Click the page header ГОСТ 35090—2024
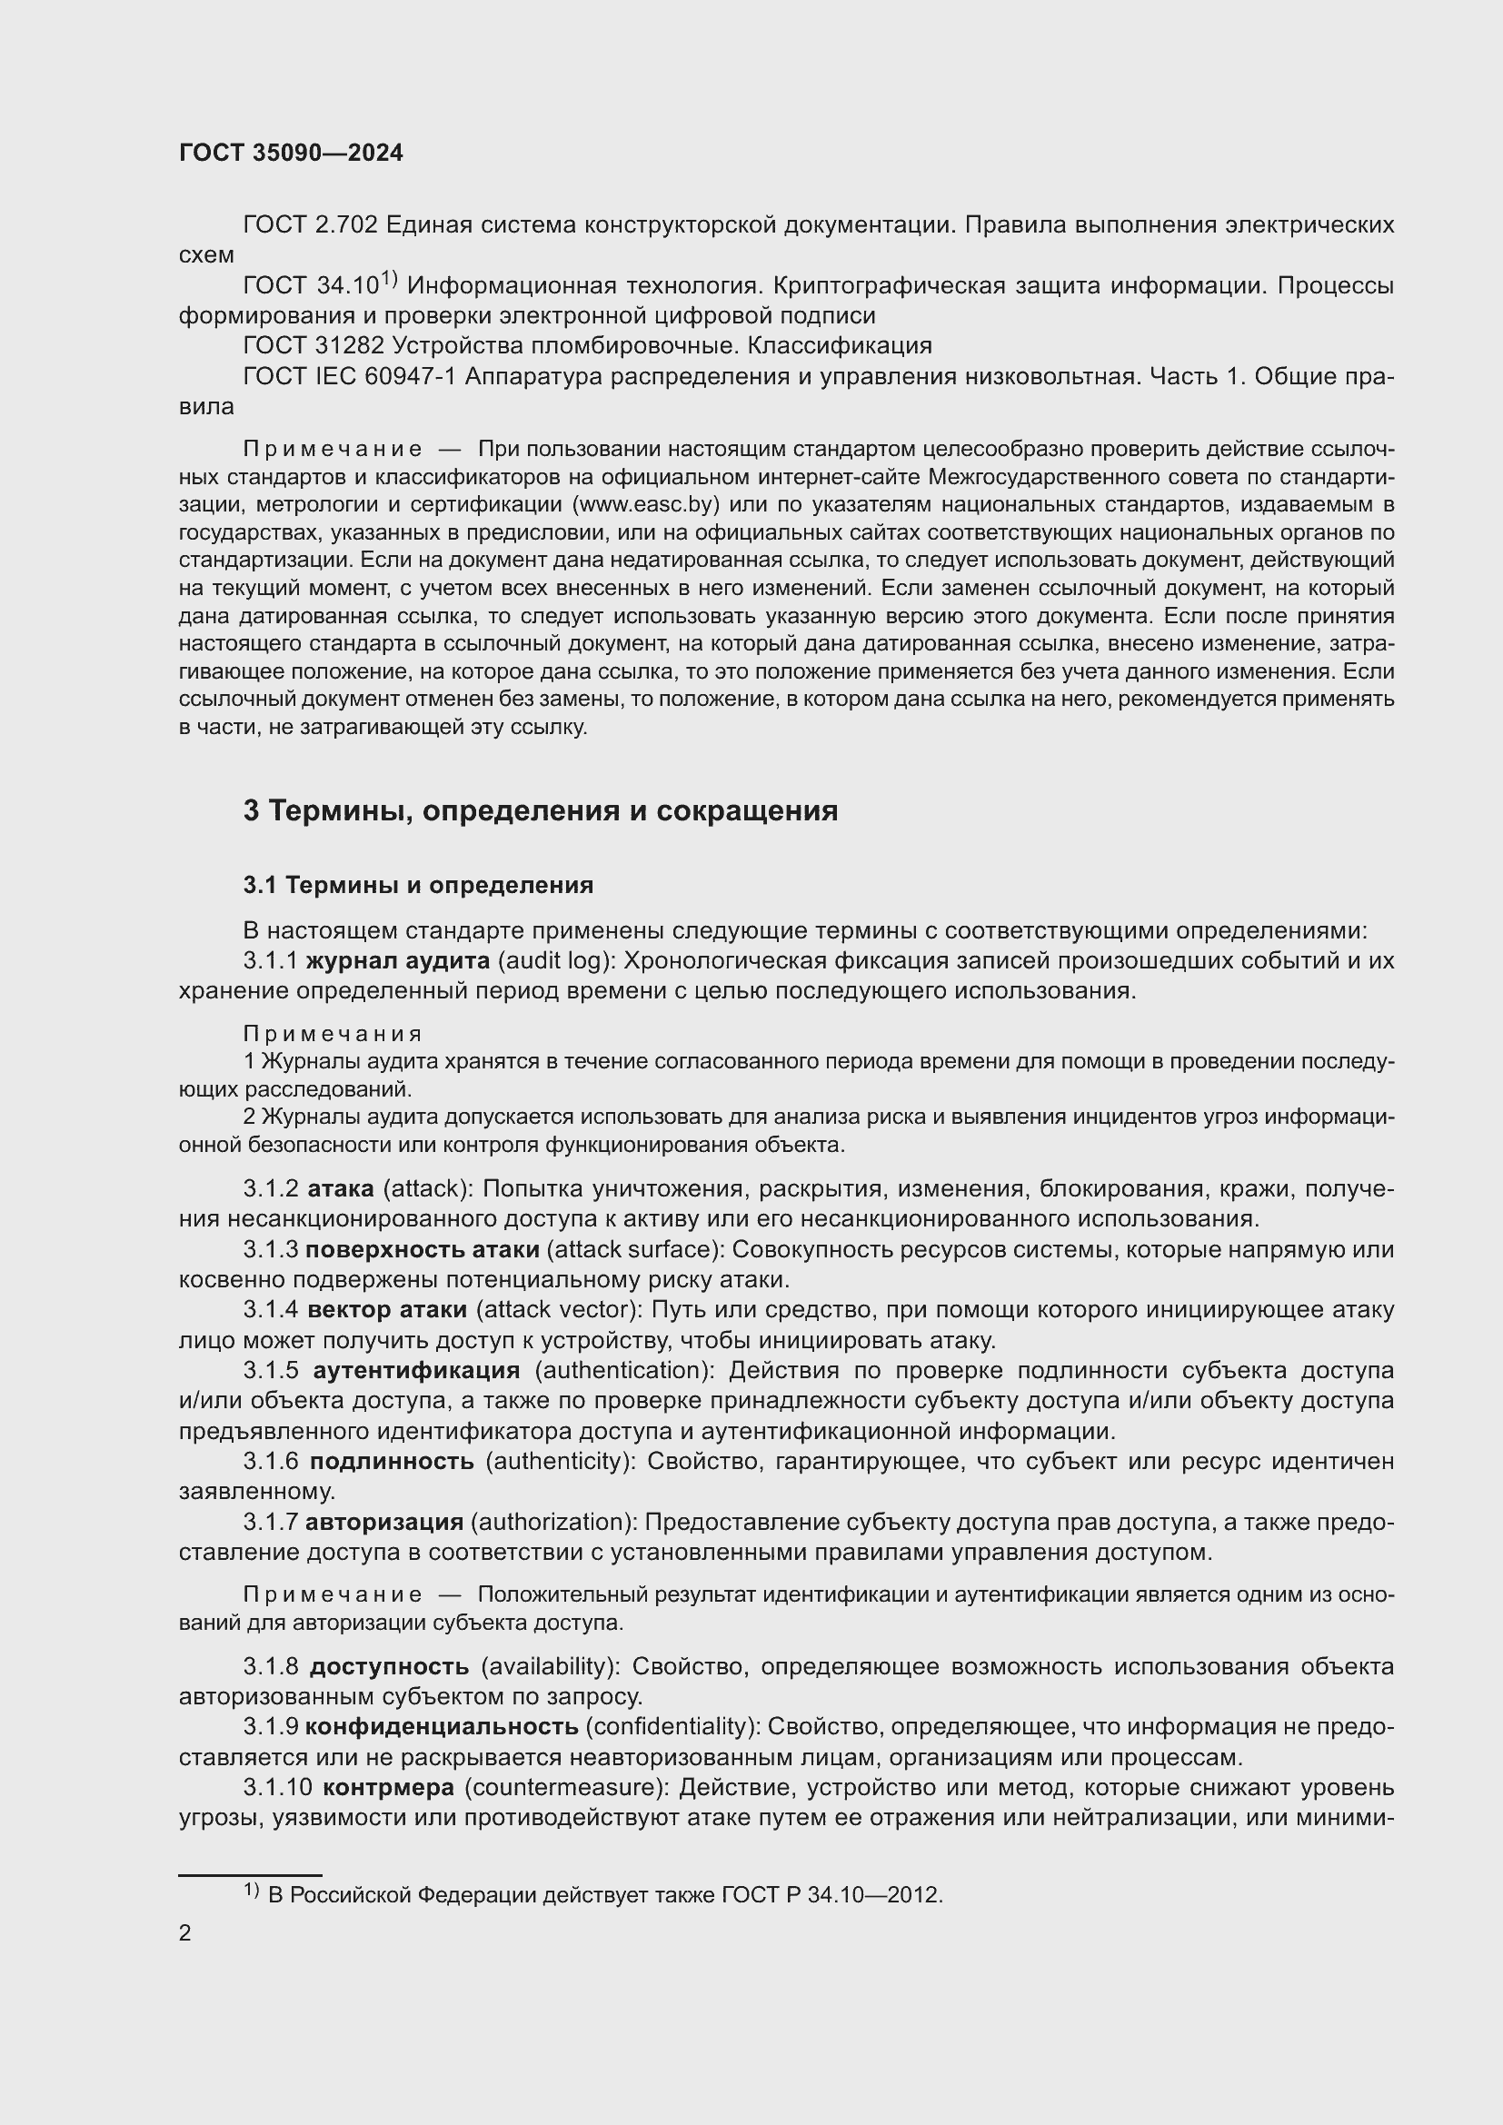coord(291,153)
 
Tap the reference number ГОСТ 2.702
coord(310,225)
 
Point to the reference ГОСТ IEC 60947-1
coord(350,377)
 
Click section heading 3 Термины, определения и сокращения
coord(541,810)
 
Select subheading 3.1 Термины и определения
coord(418,886)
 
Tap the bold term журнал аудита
coord(398,961)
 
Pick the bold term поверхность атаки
coord(422,1250)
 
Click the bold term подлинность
coord(392,1462)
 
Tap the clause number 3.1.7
coord(270,1523)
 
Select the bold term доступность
coord(390,1667)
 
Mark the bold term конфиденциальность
coord(443,1727)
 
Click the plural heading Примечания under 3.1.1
coord(333,1034)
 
